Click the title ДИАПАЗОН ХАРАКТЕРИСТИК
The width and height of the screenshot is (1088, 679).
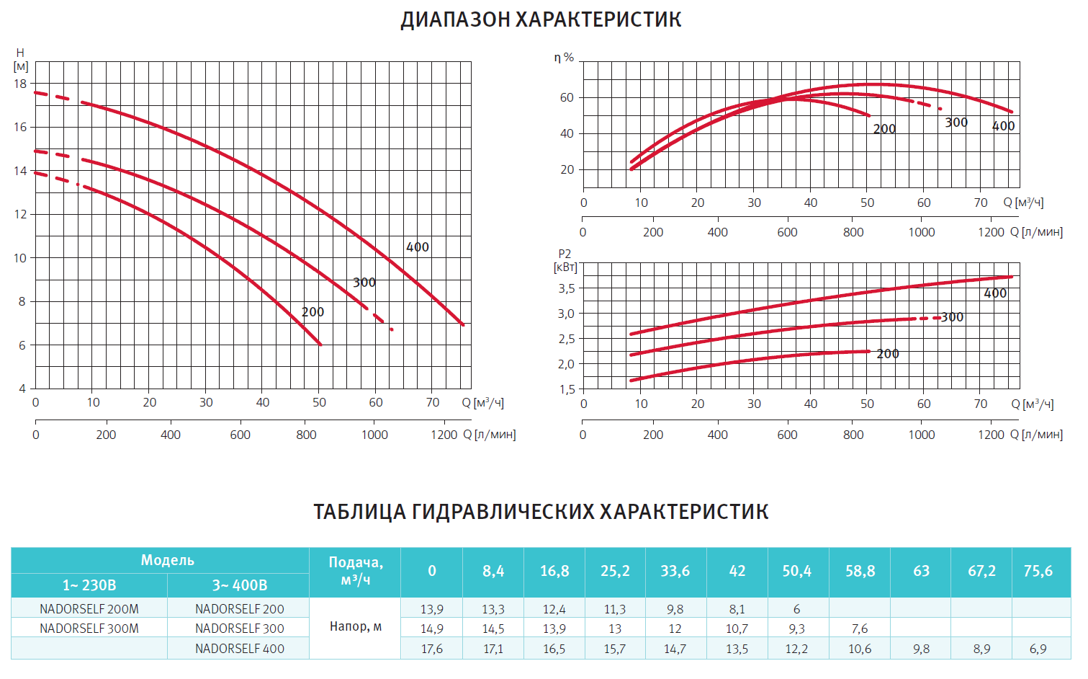[541, 19]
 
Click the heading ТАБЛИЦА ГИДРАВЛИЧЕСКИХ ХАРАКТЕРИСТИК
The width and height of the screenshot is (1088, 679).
[541, 512]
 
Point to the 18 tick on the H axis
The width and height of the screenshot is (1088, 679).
[20, 84]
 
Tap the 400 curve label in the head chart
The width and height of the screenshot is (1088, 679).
[418, 247]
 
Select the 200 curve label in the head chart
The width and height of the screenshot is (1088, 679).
[313, 312]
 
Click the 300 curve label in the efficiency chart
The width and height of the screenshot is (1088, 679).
[956, 123]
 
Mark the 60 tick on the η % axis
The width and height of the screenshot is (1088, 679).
[567, 98]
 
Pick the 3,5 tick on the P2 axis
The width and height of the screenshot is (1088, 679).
[566, 288]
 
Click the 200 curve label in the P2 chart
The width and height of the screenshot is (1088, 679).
[888, 354]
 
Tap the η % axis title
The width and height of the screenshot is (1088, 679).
[564, 58]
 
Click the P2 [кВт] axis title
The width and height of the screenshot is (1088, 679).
[565, 260]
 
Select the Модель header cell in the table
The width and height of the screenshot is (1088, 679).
[167, 560]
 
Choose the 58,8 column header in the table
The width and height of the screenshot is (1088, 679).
[860, 571]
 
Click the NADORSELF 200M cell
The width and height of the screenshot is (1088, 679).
[89, 609]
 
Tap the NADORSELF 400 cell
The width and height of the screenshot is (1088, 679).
[239, 649]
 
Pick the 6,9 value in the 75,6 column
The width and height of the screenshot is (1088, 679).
[1038, 649]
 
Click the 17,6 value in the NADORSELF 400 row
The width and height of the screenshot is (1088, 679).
[432, 649]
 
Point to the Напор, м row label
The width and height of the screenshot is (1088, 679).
[356, 627]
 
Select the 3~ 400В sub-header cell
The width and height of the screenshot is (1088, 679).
[239, 585]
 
